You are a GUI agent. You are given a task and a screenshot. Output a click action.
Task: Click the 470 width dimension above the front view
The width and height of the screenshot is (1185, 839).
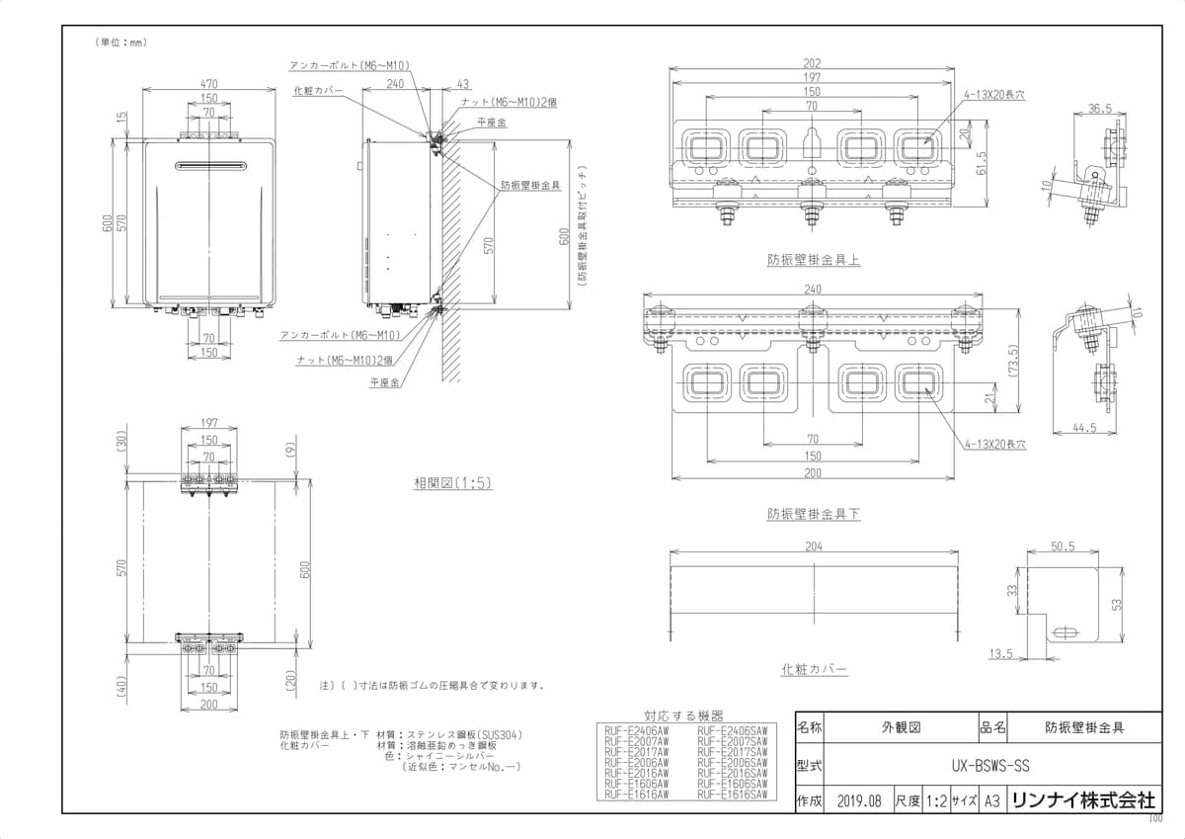pos(209,85)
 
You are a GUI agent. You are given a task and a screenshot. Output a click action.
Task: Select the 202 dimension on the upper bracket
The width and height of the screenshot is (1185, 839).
pos(813,63)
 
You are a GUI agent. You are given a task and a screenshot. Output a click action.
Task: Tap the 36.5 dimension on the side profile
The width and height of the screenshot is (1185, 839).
pos(1100,108)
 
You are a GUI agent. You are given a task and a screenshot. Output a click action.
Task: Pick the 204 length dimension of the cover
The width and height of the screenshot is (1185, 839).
pos(813,545)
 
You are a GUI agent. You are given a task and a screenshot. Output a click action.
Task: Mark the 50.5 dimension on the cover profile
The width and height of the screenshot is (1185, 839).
pos(1063,545)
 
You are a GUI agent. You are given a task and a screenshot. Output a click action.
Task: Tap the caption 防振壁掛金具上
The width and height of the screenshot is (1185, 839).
pos(814,260)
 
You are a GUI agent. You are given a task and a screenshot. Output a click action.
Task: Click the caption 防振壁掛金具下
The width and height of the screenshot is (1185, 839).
pos(814,514)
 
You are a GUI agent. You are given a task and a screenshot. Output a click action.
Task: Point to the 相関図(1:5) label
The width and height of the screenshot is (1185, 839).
pos(452,482)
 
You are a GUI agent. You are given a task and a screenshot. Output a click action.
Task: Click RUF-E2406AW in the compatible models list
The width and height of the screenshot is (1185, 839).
pos(636,730)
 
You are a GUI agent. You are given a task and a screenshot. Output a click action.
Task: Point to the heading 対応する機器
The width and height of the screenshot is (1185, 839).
pos(683,714)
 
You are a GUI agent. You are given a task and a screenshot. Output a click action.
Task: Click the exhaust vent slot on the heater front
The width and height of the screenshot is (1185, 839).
pos(209,165)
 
